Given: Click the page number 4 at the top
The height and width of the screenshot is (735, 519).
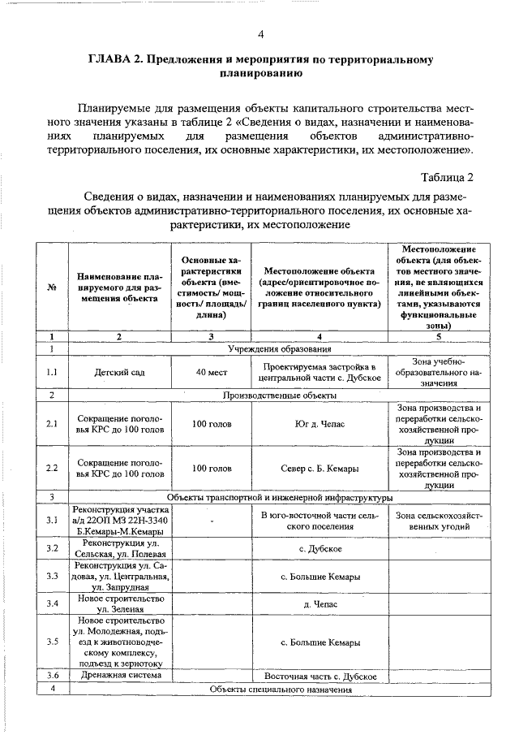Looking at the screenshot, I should coord(260,33).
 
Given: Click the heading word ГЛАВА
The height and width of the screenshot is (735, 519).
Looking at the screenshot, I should coord(113,60).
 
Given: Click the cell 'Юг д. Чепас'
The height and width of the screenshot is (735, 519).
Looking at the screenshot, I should coord(320,423).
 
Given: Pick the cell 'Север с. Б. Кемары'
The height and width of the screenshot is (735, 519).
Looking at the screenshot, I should coord(320,469).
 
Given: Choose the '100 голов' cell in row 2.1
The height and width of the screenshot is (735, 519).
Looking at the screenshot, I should coord(210,423).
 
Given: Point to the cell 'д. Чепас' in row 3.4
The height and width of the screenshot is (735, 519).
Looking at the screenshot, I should coord(320,603).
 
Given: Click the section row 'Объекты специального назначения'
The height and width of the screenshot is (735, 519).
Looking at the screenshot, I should coord(281,689).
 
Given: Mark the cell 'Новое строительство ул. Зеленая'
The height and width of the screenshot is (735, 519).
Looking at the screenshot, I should coord(121,603).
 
